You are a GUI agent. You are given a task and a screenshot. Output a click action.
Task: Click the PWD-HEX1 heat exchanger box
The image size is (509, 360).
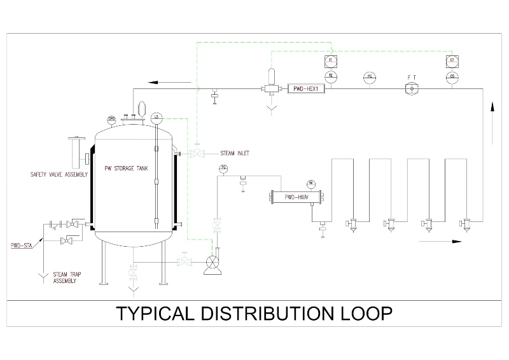coord(305,88)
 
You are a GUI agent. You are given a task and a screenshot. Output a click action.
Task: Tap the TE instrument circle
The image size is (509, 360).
coord(330,76)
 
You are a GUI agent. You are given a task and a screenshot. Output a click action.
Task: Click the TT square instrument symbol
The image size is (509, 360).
coord(330,60)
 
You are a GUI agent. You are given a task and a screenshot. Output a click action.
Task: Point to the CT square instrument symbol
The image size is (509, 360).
coord(452,60)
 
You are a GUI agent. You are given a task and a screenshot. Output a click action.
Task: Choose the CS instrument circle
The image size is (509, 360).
coord(452,76)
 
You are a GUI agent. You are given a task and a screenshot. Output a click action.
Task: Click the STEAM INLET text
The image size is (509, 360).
coord(235,153)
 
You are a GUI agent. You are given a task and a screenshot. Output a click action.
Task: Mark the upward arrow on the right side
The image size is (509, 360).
coord(492,118)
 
